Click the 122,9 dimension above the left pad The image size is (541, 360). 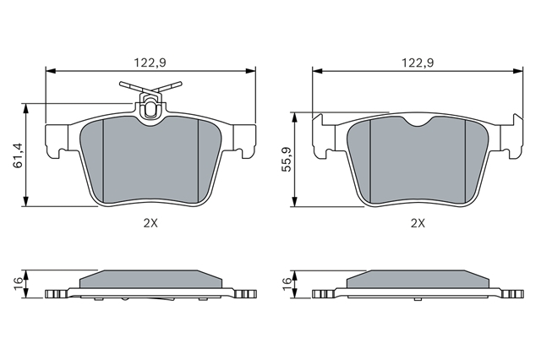[x=150, y=63]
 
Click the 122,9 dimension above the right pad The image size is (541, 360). [x=418, y=63]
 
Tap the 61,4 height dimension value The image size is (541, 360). [x=18, y=155]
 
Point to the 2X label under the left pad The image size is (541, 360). [x=150, y=223]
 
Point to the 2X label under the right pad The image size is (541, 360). [x=418, y=223]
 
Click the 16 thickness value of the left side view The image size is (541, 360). [x=19, y=284]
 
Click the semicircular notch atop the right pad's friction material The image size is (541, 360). [x=418, y=122]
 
